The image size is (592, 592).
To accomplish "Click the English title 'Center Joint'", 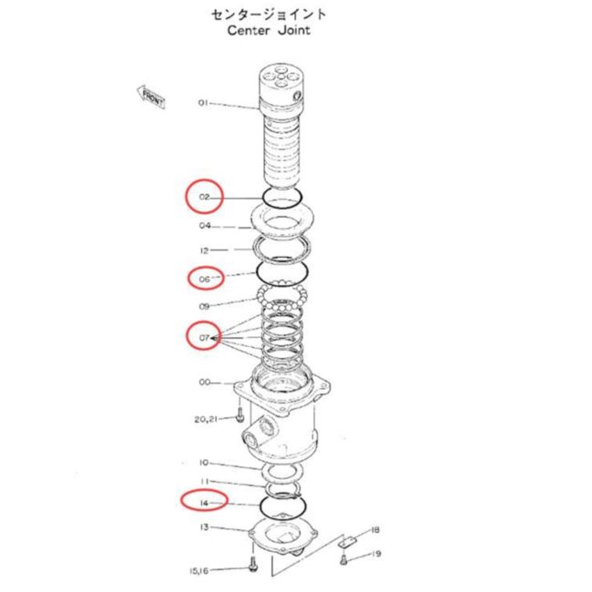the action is (x=269, y=30).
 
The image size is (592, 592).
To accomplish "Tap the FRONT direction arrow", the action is (x=151, y=97).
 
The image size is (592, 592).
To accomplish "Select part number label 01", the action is (x=203, y=103).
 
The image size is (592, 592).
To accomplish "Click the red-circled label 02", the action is (x=204, y=197).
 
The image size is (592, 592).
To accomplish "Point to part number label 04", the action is (x=205, y=225).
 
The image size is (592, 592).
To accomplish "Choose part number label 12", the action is (x=204, y=250).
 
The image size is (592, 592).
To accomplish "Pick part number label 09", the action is (x=204, y=306).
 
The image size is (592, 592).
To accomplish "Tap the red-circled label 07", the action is (x=204, y=336).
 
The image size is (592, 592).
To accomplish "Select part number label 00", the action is (x=205, y=383).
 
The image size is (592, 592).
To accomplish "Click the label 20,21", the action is (x=206, y=419).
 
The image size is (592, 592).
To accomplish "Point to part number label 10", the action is (x=204, y=462).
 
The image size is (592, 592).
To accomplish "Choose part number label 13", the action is (x=204, y=526).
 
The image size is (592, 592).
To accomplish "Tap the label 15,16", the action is (x=199, y=570).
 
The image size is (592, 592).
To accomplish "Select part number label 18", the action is (x=375, y=530).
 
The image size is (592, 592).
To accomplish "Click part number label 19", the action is (x=376, y=554).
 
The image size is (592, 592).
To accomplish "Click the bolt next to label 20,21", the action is (x=240, y=414).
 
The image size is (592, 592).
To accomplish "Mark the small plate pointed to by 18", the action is (x=347, y=541).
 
